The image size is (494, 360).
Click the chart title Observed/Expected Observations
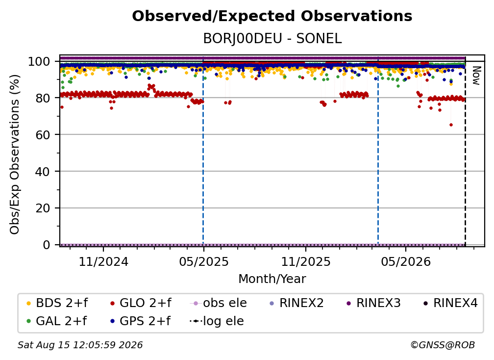(272, 16)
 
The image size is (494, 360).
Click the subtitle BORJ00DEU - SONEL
(272, 39)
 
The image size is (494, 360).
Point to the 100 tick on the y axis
(39, 61)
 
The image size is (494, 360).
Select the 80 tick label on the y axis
(43, 98)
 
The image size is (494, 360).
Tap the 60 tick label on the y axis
(43, 135)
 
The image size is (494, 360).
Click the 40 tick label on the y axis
(43, 172)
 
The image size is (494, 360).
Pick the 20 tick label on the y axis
(43, 208)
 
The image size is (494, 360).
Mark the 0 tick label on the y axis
(47, 245)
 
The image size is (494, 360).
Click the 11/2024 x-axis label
(103, 261)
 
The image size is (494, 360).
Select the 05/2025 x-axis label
(204, 261)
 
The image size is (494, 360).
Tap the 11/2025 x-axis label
(306, 261)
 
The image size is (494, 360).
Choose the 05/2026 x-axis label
(406, 261)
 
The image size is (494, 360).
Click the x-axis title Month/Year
(272, 279)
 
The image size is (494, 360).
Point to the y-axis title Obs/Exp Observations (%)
(15, 154)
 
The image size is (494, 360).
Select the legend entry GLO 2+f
(141, 303)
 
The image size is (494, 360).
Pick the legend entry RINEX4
(450, 303)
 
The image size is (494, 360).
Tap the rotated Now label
(476, 76)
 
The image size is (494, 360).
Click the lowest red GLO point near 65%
(451, 125)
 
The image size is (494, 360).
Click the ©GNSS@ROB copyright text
(443, 345)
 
